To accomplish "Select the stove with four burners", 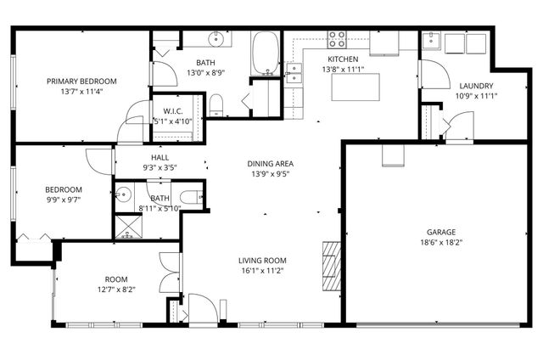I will [x=338, y=38].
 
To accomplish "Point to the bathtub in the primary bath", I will [x=266, y=53].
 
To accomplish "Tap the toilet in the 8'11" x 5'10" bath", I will [x=193, y=198].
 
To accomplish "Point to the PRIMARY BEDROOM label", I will [x=81, y=82].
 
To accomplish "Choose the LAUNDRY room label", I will [x=476, y=86].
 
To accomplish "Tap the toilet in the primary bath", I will [x=216, y=104].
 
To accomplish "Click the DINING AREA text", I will [x=270, y=164].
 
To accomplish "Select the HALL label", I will [x=160, y=157].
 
